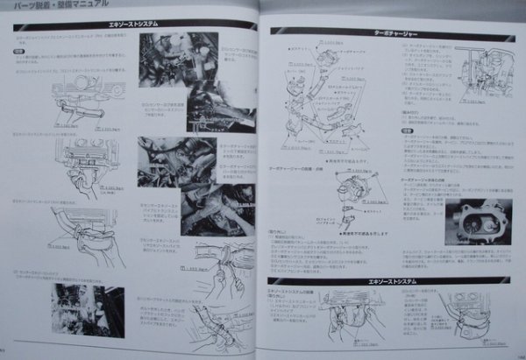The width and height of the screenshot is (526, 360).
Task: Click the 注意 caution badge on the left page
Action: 18,53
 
